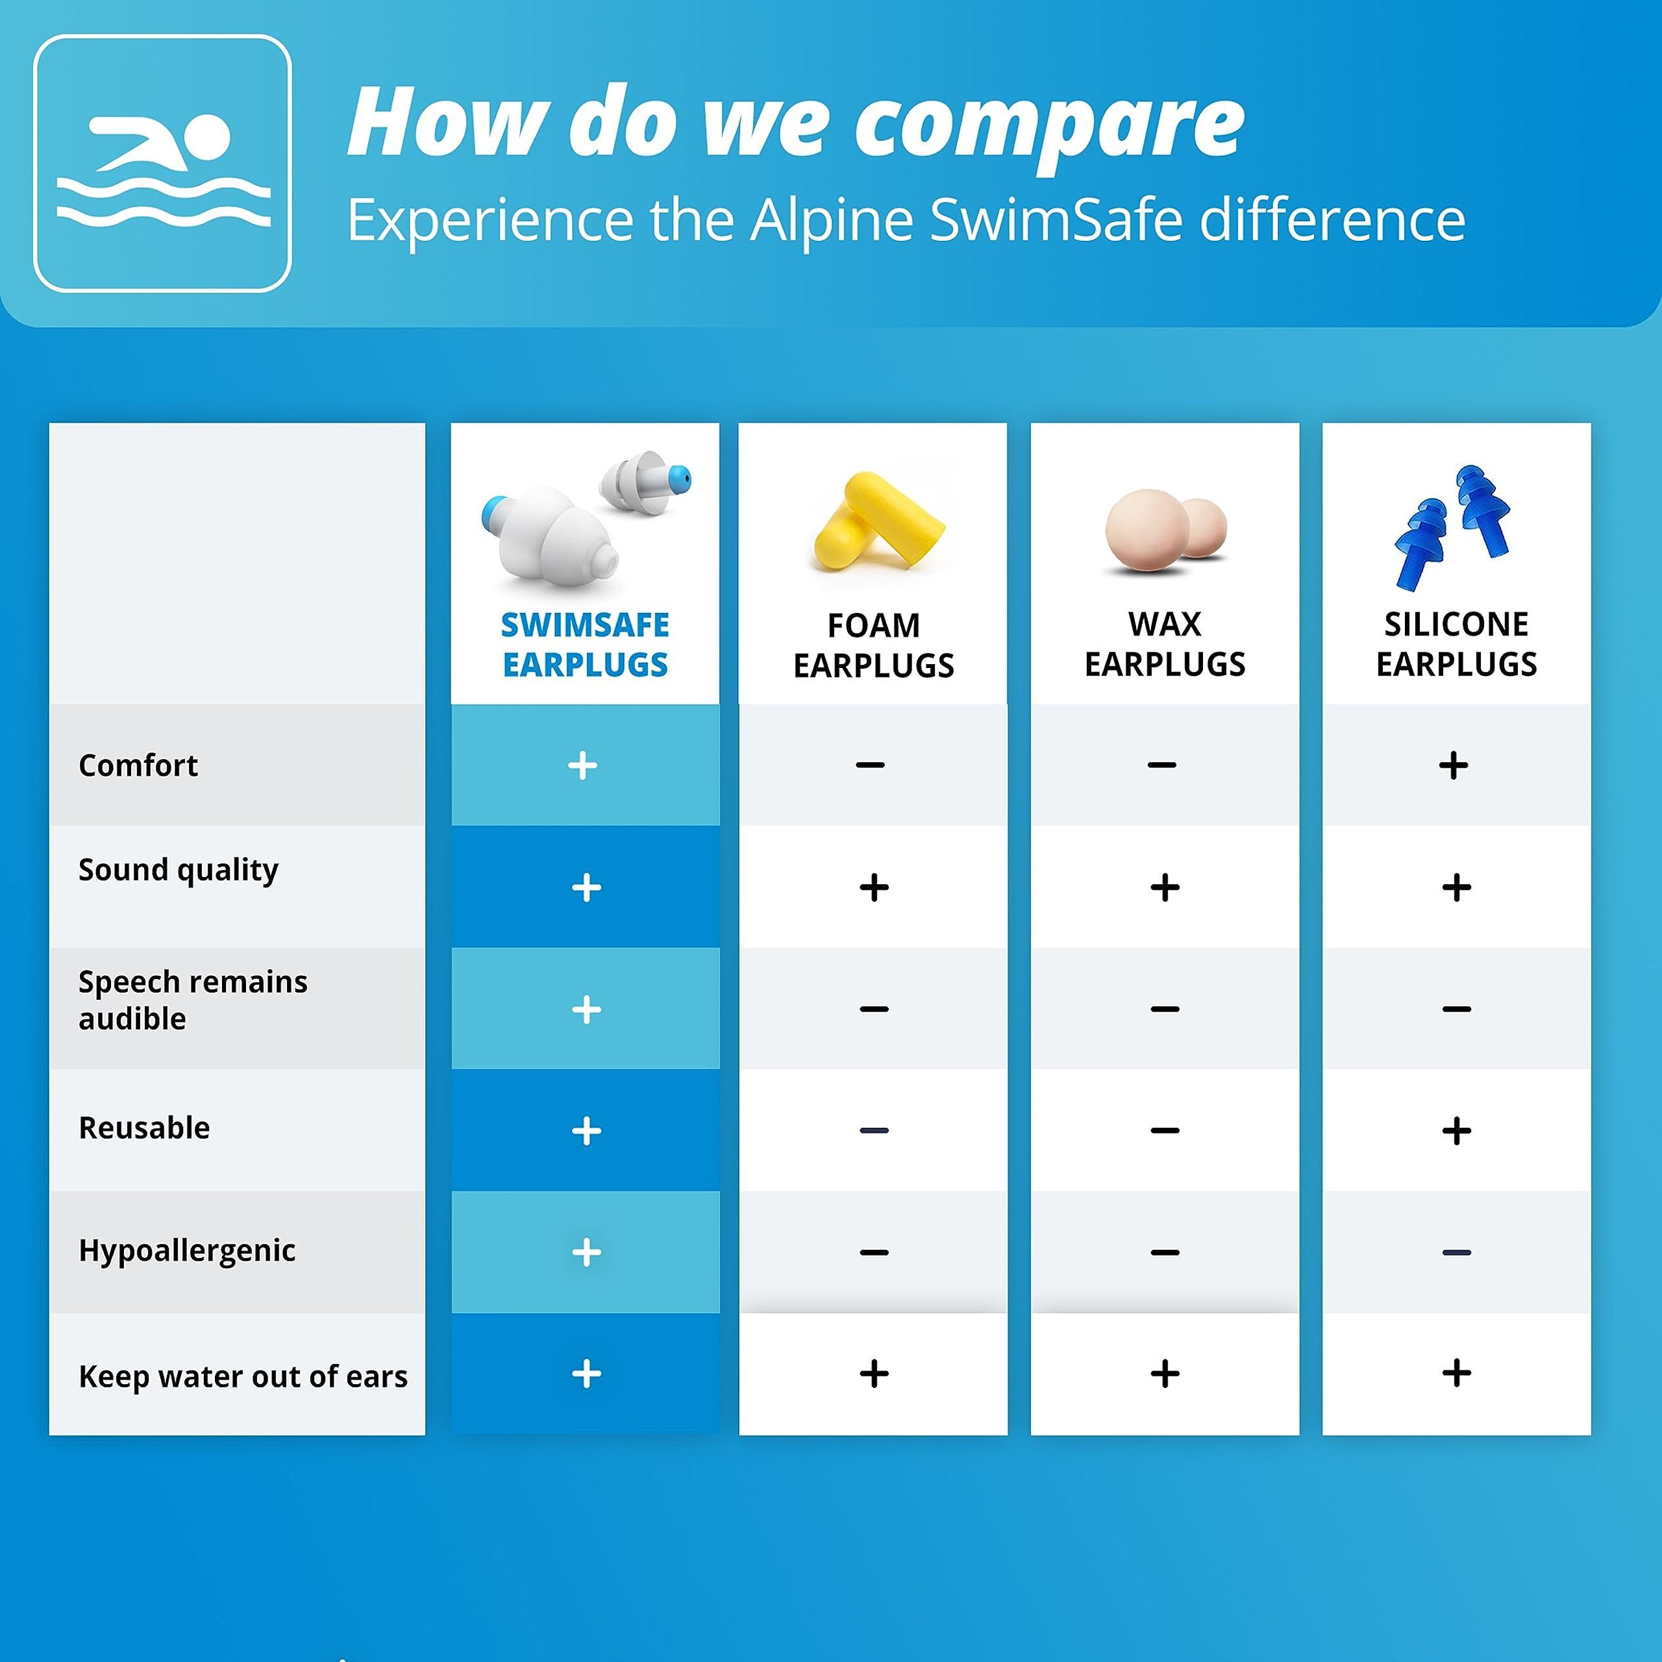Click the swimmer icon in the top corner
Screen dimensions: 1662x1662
click(x=162, y=164)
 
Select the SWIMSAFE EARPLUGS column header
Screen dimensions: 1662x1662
click(x=585, y=644)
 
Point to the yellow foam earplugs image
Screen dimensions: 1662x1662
click(x=876, y=524)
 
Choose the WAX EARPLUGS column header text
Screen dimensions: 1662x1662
click(x=1164, y=643)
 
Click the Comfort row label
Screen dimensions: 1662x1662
click(x=138, y=765)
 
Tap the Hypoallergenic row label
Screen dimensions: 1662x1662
click(x=187, y=1250)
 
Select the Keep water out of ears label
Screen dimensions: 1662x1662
click(x=243, y=1376)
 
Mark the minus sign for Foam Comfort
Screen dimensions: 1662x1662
click(x=871, y=765)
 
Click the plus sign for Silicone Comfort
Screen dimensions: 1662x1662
click(x=1453, y=765)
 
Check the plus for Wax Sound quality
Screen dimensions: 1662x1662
click(x=1165, y=887)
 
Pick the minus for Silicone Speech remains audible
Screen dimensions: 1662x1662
click(x=1456, y=1008)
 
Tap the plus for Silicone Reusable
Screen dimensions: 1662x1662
click(x=1456, y=1130)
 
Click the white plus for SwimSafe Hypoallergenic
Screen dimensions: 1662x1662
click(x=586, y=1252)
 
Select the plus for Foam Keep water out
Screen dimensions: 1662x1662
click(x=874, y=1373)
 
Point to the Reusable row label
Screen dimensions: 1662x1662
click(x=145, y=1128)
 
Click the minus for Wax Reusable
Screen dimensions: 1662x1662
click(x=1165, y=1130)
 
